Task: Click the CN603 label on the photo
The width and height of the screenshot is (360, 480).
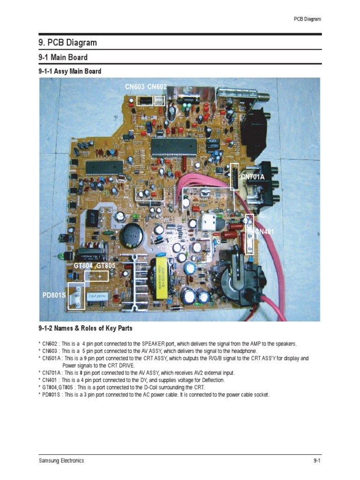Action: click(x=134, y=87)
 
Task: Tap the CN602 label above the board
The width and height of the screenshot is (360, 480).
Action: click(x=157, y=87)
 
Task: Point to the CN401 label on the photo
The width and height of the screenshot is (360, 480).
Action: click(x=264, y=232)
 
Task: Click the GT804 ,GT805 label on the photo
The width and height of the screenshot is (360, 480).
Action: click(x=94, y=266)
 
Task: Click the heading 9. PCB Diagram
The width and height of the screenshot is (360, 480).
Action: click(x=67, y=43)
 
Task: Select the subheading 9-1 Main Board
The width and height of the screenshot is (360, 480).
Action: click(x=63, y=57)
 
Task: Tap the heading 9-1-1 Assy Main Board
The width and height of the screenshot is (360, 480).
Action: click(x=70, y=71)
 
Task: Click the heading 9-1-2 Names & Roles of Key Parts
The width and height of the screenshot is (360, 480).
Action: click(x=85, y=328)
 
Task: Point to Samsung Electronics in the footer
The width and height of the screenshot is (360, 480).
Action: click(x=61, y=461)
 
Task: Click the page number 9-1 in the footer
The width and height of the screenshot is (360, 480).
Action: click(x=316, y=461)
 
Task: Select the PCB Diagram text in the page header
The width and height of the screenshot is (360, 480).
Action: click(x=307, y=19)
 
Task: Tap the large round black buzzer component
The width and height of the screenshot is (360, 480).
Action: click(x=132, y=235)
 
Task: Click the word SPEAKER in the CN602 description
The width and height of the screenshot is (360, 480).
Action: click(x=154, y=344)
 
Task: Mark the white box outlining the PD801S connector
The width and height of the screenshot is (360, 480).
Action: click(x=76, y=296)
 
